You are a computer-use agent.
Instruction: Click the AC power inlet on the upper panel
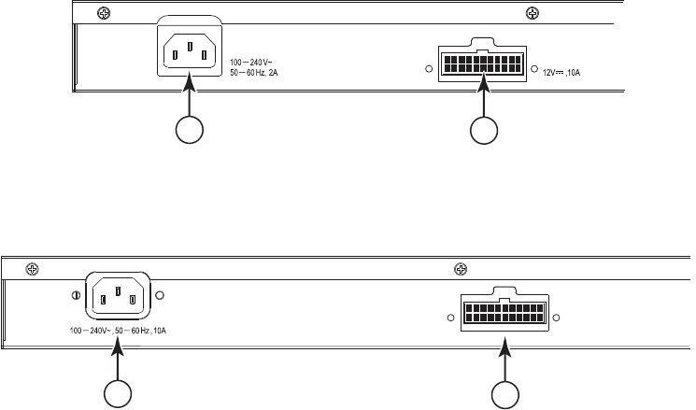[x=191, y=51]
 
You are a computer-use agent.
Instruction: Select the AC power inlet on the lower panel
[x=118, y=297]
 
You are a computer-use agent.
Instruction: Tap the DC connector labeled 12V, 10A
[x=483, y=64]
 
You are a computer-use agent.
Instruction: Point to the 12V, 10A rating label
[x=568, y=70]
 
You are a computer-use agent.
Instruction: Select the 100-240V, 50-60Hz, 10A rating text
[x=125, y=331]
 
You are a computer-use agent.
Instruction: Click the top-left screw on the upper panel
[x=92, y=12]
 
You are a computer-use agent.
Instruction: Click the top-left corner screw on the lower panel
[x=32, y=268]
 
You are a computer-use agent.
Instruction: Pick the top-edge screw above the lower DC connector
[x=460, y=268]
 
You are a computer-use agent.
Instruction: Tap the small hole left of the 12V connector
[x=430, y=69]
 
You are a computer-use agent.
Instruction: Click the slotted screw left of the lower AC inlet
[x=76, y=296]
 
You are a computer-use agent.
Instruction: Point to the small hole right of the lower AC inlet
[x=160, y=296]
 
